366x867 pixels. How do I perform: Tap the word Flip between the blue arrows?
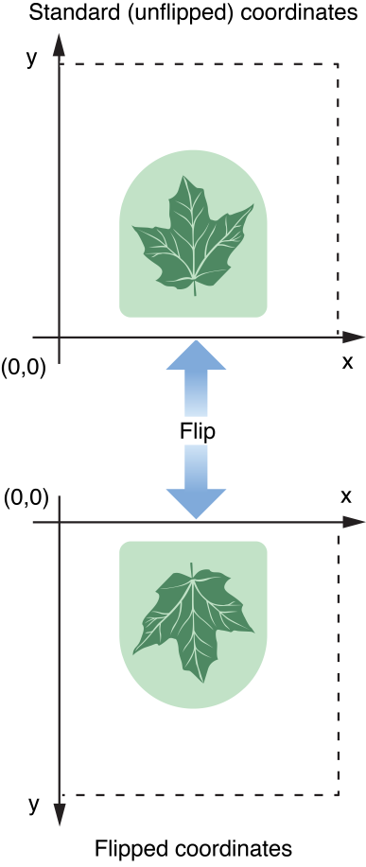[197, 430]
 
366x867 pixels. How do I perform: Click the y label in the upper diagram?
[31, 58]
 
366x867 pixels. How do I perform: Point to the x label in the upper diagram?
[346, 361]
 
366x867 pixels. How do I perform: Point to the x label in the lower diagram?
[345, 495]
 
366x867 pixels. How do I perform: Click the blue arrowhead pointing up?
[196, 355]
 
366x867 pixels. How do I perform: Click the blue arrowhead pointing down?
[196, 503]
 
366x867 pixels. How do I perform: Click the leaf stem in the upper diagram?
[195, 288]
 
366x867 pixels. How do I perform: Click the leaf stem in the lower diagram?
[191, 567]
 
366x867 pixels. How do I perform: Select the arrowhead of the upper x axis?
[355, 336]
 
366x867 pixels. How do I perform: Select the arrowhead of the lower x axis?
[355, 522]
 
